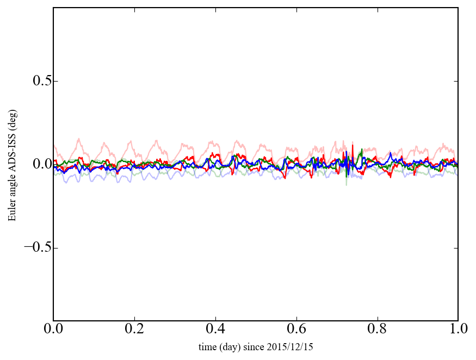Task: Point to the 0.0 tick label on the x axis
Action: tap(53, 330)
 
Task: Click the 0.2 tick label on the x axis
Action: tap(134, 330)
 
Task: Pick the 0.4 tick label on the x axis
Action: tap(215, 330)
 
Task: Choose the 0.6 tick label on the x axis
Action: tap(296, 330)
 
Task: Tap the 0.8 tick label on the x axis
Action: tap(377, 330)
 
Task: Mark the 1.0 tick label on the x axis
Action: tap(458, 330)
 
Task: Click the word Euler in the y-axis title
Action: tap(12, 212)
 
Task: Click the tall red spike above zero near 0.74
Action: tap(353, 146)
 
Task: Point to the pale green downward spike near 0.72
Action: tap(347, 184)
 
